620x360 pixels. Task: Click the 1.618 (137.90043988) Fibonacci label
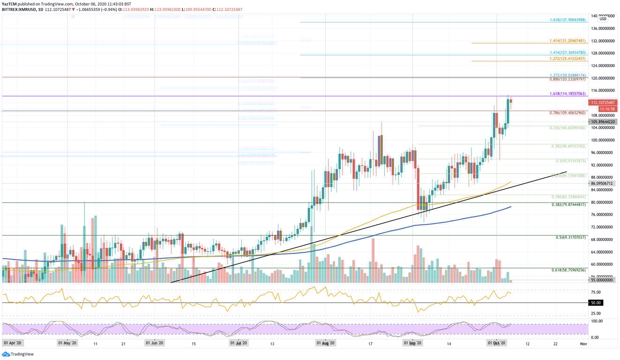[x=568, y=20]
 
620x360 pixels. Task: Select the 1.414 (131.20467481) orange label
[x=568, y=41]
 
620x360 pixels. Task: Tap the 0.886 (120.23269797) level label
[x=568, y=80]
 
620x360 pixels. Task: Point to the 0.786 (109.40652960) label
[x=568, y=113]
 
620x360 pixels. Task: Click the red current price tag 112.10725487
[x=604, y=103]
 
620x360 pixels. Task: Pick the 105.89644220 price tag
[x=604, y=122]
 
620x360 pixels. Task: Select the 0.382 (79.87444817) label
[x=568, y=205]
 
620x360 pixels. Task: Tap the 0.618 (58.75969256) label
[x=568, y=270]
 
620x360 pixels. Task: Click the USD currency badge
[x=603, y=19]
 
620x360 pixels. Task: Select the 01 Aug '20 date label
[x=325, y=343]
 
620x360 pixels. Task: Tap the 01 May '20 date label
[x=67, y=343]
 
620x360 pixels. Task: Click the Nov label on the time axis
[x=583, y=343]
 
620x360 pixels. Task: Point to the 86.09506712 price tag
[x=604, y=184]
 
